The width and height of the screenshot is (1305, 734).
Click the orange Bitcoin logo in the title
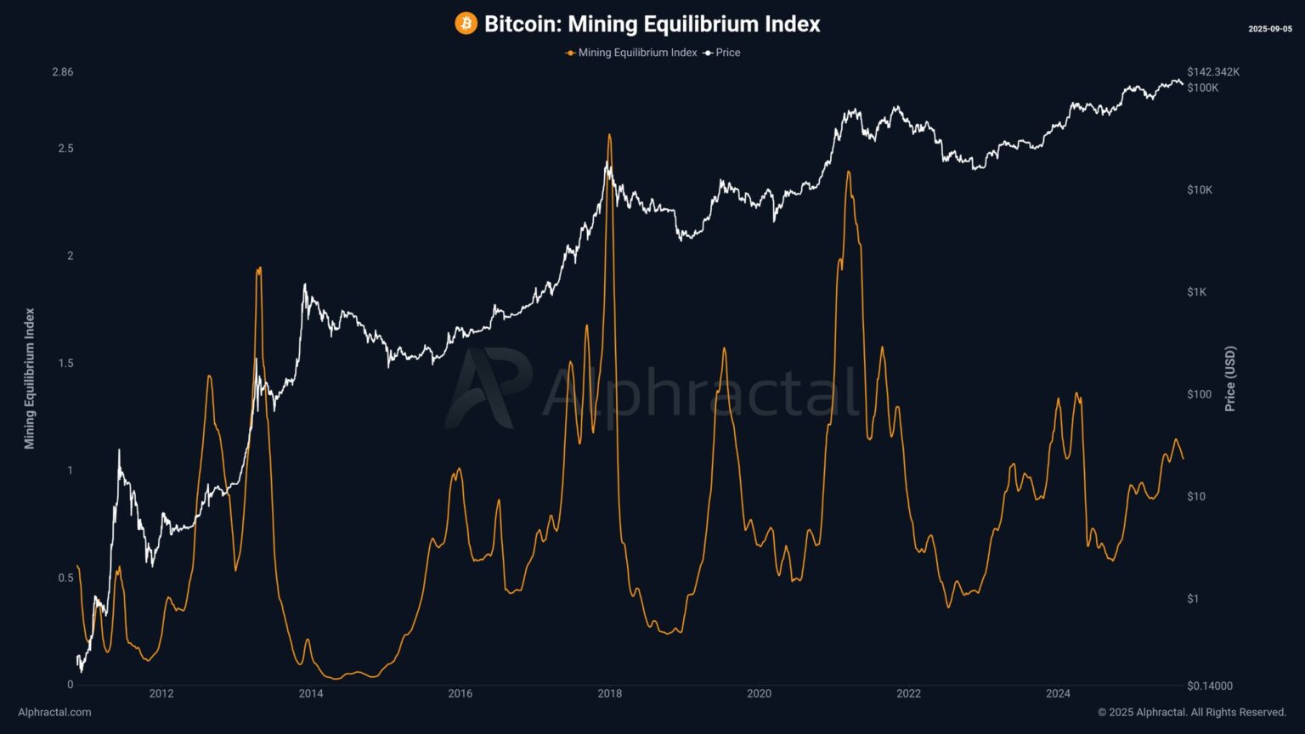tap(466, 24)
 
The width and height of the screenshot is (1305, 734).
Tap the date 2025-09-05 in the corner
tap(1269, 29)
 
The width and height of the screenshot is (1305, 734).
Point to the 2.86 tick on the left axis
tap(63, 72)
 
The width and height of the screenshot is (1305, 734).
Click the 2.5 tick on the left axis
tap(65, 149)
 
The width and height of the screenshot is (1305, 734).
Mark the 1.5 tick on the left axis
tap(65, 364)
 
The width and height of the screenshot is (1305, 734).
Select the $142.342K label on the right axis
tap(1213, 72)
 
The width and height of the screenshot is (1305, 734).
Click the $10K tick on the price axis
tap(1200, 190)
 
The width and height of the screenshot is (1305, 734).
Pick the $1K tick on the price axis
tap(1196, 292)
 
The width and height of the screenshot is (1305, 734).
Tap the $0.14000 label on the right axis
tap(1210, 686)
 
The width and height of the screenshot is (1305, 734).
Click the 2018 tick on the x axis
tap(610, 694)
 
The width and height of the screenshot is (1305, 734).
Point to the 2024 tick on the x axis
tap(1058, 694)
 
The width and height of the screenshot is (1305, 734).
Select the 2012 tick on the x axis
tap(161, 694)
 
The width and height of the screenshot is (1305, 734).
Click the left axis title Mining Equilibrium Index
tap(30, 378)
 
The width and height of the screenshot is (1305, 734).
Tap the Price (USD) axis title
tap(1230, 379)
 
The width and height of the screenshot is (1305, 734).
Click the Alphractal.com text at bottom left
tap(54, 713)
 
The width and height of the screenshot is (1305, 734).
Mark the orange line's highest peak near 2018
tap(609, 135)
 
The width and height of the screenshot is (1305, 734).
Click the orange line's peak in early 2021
tap(848, 172)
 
